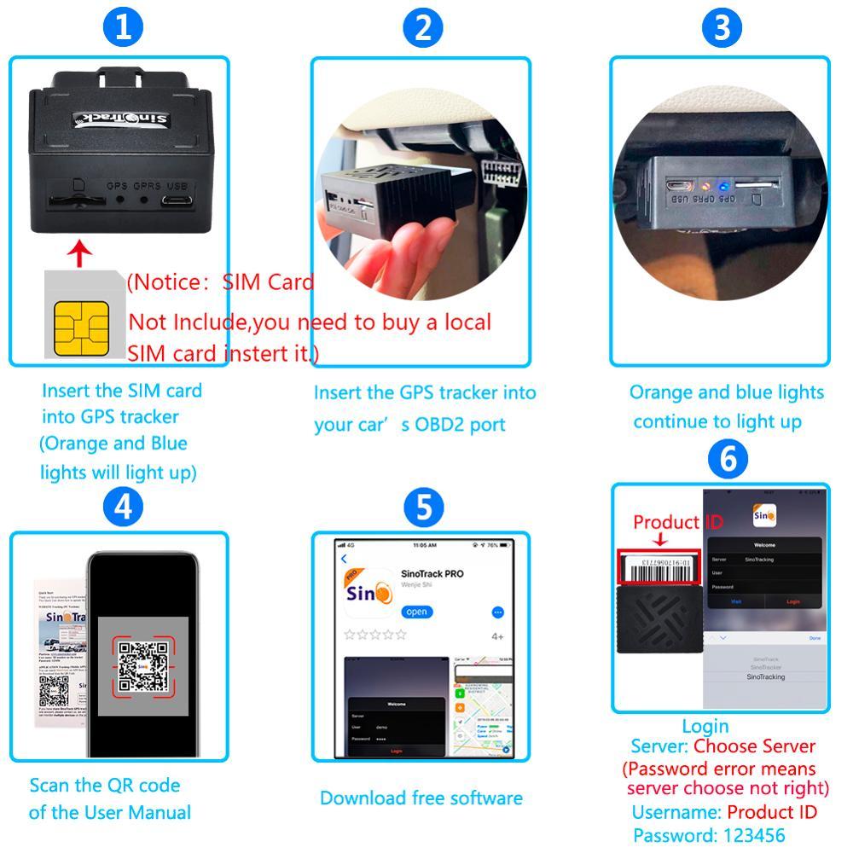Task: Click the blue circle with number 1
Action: coord(123,27)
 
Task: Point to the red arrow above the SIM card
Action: coord(80,252)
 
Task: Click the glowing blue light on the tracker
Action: coord(721,184)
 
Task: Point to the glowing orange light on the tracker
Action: coord(705,184)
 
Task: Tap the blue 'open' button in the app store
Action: coord(417,612)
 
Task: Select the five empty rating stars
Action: coord(374,635)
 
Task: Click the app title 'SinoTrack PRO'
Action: coord(432,573)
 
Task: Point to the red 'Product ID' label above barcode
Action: coord(677,522)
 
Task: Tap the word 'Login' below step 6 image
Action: coord(705,727)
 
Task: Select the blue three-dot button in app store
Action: coord(498,612)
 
